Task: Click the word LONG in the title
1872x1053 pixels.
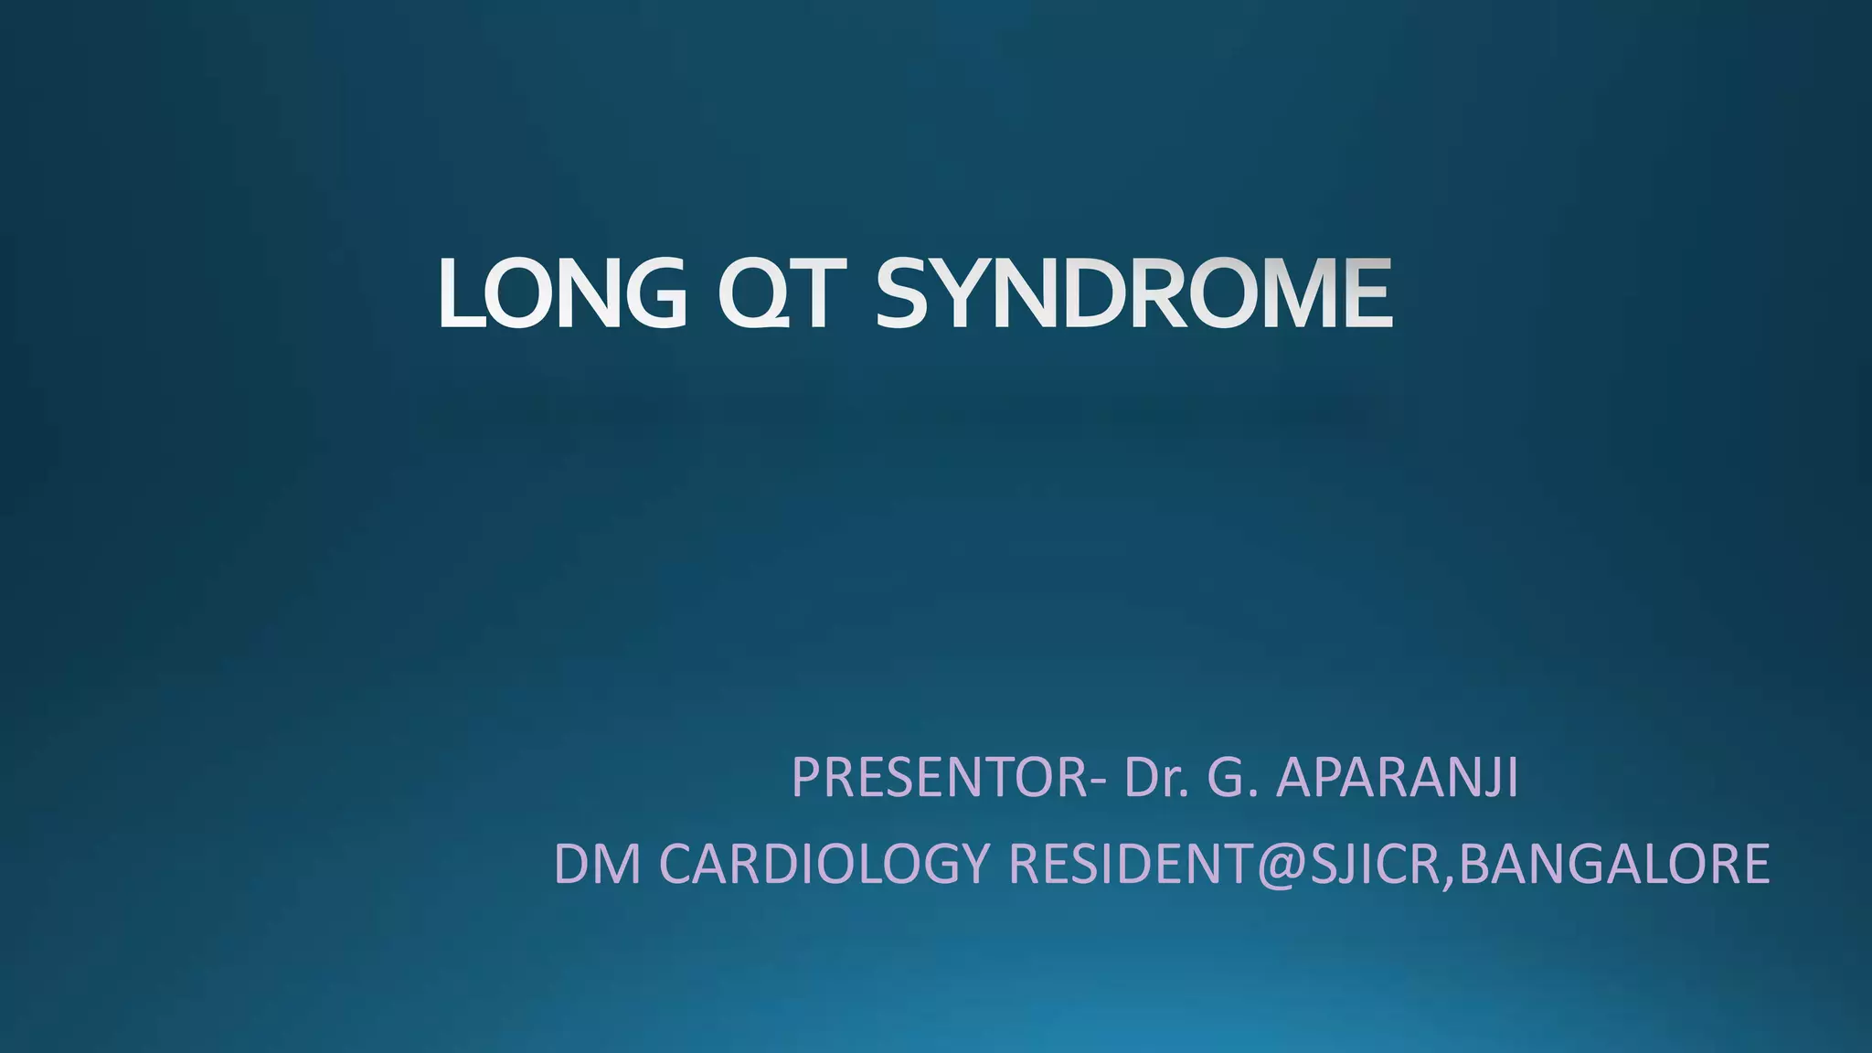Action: pyautogui.click(x=561, y=293)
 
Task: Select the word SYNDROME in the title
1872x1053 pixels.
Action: pyautogui.click(x=1133, y=293)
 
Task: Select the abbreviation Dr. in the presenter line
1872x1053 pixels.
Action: pyautogui.click(x=1156, y=778)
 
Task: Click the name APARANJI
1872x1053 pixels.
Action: pyautogui.click(x=1396, y=778)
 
